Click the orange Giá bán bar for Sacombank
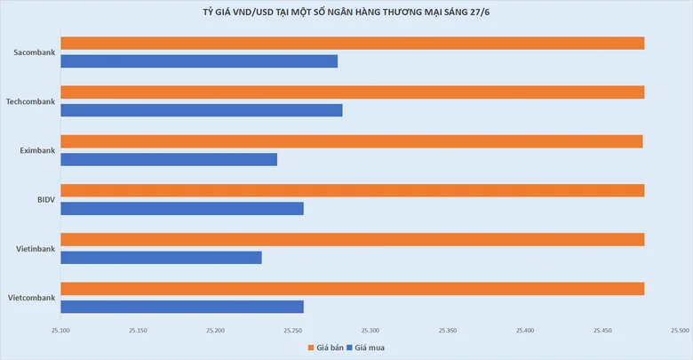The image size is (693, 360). (x=353, y=44)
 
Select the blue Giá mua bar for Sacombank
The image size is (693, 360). (x=199, y=61)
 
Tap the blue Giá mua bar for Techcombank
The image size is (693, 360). (x=202, y=110)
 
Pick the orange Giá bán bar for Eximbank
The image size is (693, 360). (x=352, y=141)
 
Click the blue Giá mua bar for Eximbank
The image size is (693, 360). (x=169, y=159)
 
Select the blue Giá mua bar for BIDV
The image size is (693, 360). (x=182, y=208)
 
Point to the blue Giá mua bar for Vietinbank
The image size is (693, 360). (x=162, y=258)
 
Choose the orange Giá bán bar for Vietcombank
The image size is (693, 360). (x=353, y=289)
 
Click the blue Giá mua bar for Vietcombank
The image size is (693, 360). (x=182, y=307)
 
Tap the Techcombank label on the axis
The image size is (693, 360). (x=30, y=101)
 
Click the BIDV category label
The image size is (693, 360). (x=46, y=199)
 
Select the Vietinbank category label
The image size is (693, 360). (x=36, y=249)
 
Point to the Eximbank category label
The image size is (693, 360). (x=37, y=150)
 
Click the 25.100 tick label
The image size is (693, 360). (x=60, y=331)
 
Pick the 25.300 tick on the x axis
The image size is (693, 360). (x=370, y=331)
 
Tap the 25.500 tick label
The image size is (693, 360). (x=680, y=331)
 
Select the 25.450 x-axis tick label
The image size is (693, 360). (x=602, y=331)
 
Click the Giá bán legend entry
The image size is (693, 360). (x=326, y=348)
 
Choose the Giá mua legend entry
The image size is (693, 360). (x=365, y=348)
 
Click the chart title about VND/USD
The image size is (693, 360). (x=346, y=12)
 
